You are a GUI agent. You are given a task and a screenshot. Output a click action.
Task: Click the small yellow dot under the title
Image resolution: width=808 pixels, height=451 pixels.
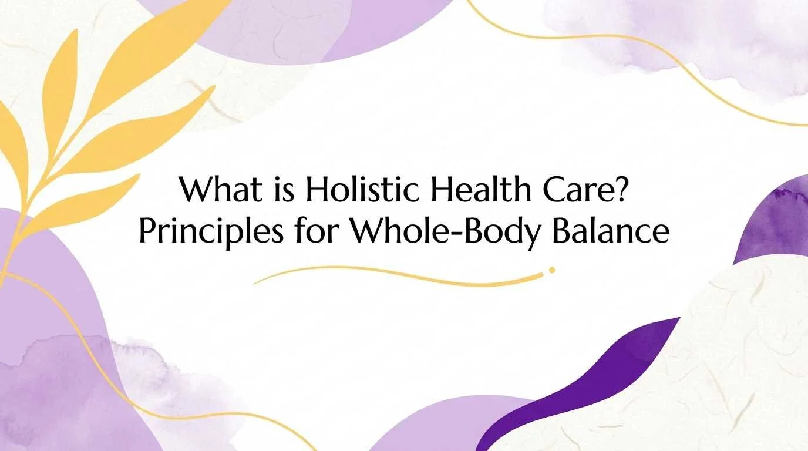click(x=551, y=270)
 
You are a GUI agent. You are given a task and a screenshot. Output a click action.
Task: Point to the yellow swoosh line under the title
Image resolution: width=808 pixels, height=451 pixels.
click(x=399, y=274)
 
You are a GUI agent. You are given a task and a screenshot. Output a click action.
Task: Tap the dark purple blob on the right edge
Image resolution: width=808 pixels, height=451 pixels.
click(x=775, y=223)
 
